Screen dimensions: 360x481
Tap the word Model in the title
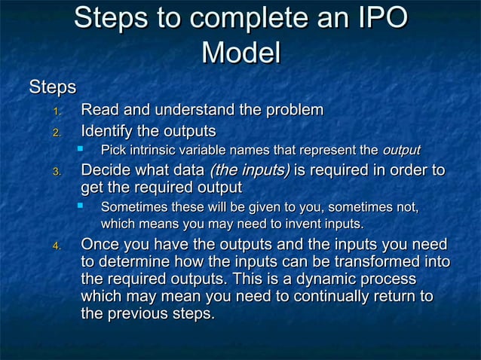click(241, 53)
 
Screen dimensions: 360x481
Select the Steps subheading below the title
click(52, 87)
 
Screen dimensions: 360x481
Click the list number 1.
click(56, 112)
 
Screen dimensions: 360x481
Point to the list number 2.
click(56, 133)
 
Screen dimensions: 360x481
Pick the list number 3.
click(56, 172)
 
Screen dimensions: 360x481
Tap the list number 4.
click(56, 246)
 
